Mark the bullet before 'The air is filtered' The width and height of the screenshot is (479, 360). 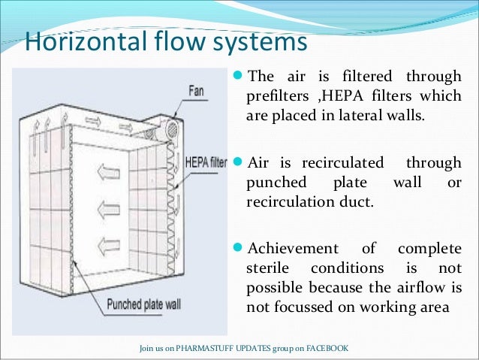pos(239,76)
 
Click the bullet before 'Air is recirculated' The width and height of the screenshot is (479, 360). pos(239,162)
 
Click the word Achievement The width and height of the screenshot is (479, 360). pos(292,250)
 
